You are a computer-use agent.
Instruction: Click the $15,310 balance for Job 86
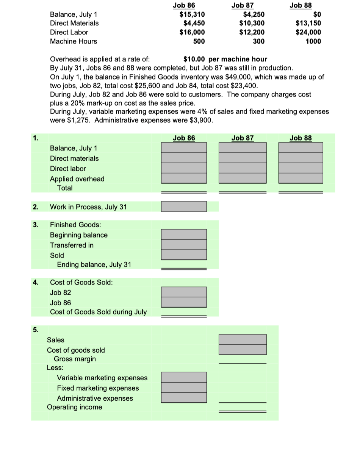point(192,15)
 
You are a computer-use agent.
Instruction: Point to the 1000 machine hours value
point(314,41)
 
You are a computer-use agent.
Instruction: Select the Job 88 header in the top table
point(301,5)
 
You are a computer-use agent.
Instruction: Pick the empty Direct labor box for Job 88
point(301,168)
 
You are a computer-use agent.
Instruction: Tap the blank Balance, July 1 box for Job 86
point(184,147)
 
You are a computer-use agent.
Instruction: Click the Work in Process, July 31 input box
point(184,206)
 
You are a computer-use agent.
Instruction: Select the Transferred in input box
point(184,245)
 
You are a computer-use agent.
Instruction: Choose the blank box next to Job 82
point(184,292)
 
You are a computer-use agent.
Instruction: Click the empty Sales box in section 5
point(243,339)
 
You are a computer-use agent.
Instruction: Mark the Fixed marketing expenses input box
point(184,387)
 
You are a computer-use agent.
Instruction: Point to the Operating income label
point(74,407)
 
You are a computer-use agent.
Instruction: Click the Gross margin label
point(75,359)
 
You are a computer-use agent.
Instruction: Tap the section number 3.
point(35,225)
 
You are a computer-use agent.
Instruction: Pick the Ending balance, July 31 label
point(94,264)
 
